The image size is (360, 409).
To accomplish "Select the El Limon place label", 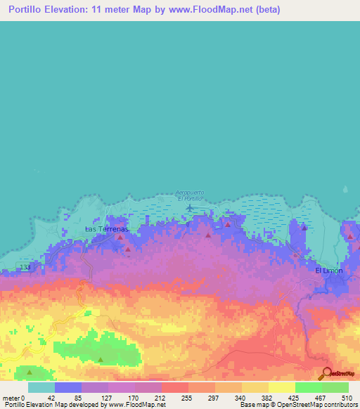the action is (328, 271).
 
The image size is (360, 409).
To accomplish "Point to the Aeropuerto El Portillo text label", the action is (188, 195).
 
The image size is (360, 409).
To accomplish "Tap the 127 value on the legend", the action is (107, 397).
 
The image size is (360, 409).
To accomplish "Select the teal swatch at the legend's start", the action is (41, 387).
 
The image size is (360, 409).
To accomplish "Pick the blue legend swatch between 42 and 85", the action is (67, 387).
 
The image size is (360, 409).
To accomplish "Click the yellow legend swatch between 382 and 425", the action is (281, 387).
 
